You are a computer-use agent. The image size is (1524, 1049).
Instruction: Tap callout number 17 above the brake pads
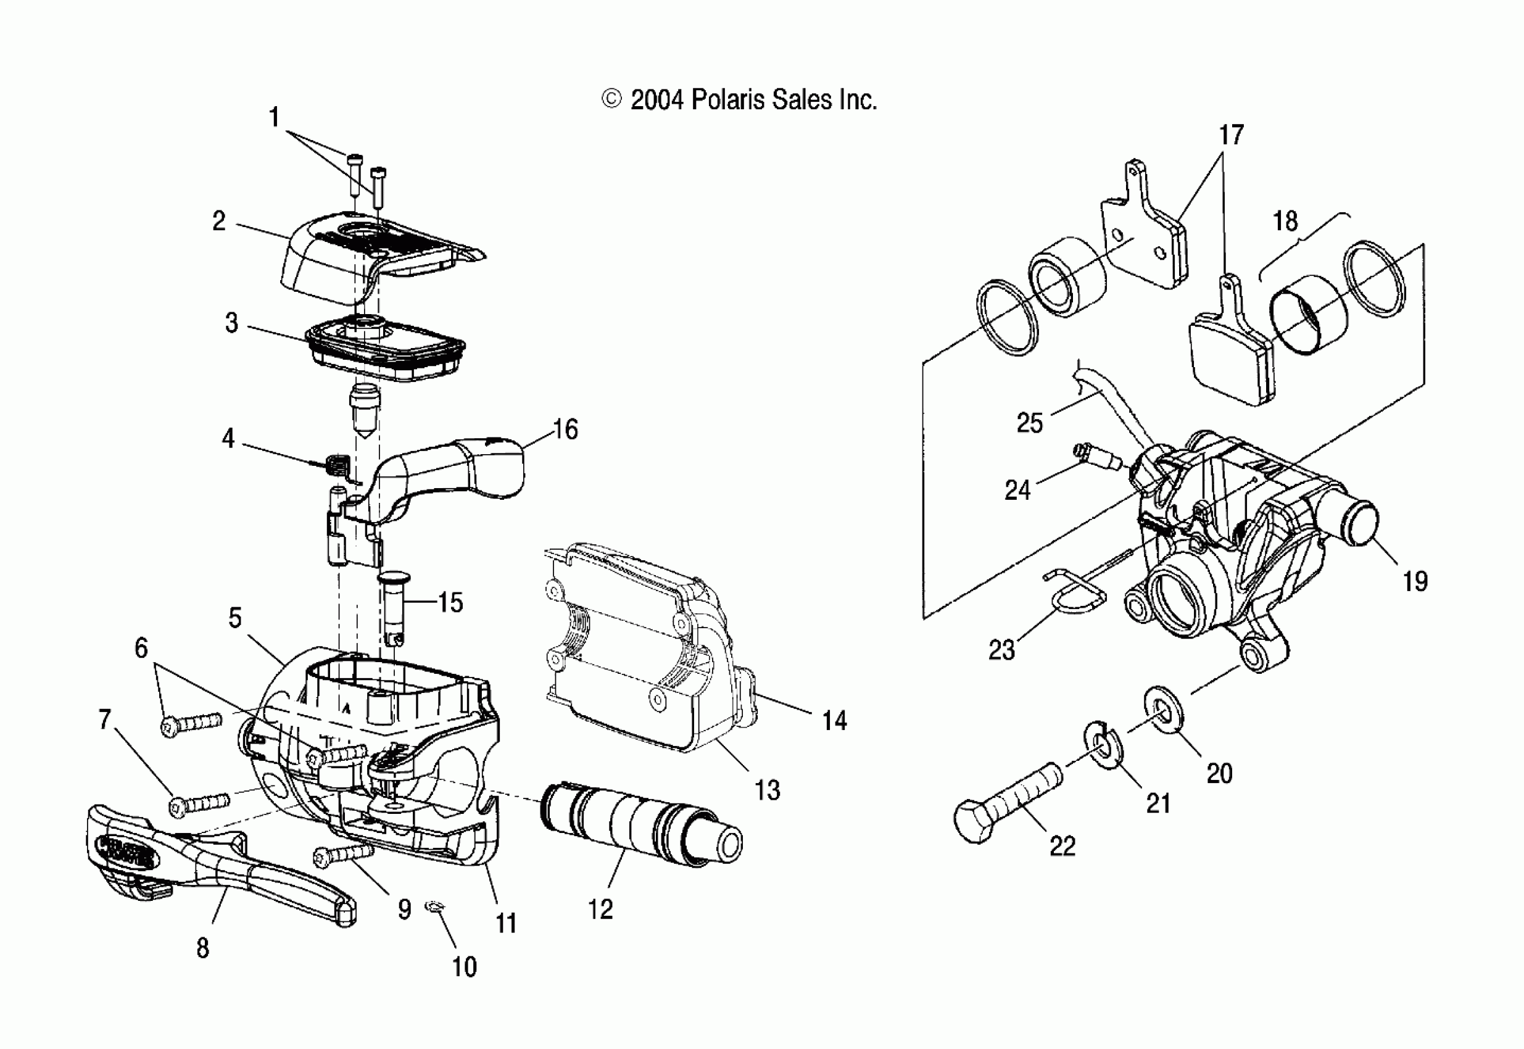point(1231,135)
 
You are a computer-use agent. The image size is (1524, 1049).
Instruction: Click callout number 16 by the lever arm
point(565,430)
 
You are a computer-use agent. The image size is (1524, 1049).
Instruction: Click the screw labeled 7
point(200,805)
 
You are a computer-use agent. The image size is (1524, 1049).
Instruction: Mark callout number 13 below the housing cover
point(767,790)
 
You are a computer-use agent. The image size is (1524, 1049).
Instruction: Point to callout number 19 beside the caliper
point(1415,582)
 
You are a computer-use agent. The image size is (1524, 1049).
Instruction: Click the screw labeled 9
point(343,855)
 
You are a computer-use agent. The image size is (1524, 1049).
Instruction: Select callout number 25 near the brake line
point(1029,422)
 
